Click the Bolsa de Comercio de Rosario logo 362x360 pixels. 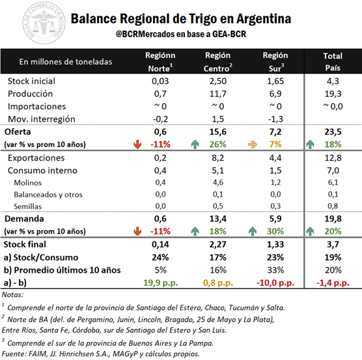click(x=44, y=23)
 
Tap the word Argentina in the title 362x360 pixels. click(x=264, y=19)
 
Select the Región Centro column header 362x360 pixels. click(x=218, y=62)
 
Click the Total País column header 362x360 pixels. click(x=333, y=62)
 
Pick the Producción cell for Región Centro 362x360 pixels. click(x=218, y=94)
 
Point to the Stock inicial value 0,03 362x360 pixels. click(x=160, y=81)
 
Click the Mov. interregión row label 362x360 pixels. click(x=42, y=119)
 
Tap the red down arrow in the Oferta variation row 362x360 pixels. click(x=137, y=145)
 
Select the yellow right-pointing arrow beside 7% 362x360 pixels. click(x=253, y=145)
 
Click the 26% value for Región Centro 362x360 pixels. click(x=218, y=145)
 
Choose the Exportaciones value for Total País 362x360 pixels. click(x=333, y=158)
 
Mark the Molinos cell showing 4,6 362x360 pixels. click(x=218, y=182)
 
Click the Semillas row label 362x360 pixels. click(x=28, y=206)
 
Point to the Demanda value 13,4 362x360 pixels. click(x=218, y=219)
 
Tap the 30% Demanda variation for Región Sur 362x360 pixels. click(x=275, y=231)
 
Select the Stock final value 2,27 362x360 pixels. click(x=218, y=244)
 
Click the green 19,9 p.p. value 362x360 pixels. click(x=161, y=283)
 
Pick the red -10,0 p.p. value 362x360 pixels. click(x=275, y=283)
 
